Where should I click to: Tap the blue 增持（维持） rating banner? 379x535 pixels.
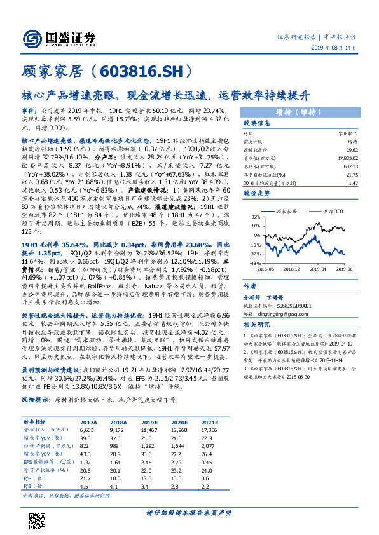tap(303, 112)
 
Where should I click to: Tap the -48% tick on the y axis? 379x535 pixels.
tap(254, 262)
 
